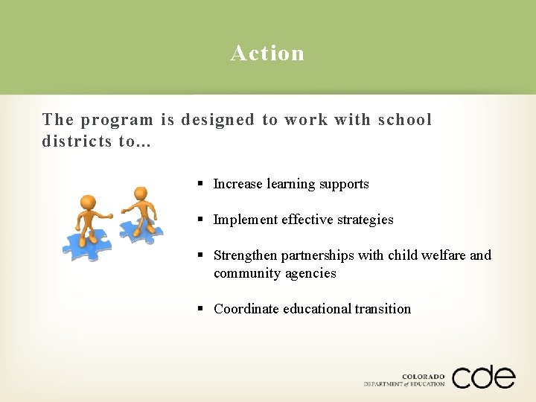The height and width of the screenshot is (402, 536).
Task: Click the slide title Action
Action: pos(267,53)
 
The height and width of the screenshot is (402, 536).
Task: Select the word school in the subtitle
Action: pos(405,120)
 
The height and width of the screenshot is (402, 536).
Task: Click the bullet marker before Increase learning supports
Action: pos(201,184)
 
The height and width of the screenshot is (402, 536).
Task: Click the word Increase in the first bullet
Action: pos(238,184)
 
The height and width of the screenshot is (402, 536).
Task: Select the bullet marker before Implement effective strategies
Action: pos(201,220)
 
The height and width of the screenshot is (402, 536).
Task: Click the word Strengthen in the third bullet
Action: pos(246,255)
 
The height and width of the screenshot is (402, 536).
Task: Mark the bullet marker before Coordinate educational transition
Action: pos(201,309)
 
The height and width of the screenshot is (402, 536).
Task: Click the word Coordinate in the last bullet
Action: pos(246,309)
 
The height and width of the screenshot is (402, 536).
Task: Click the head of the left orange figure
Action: pos(88,202)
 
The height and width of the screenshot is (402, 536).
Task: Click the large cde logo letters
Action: pos(483,377)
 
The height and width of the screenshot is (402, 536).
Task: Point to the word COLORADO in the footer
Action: pos(423,377)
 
